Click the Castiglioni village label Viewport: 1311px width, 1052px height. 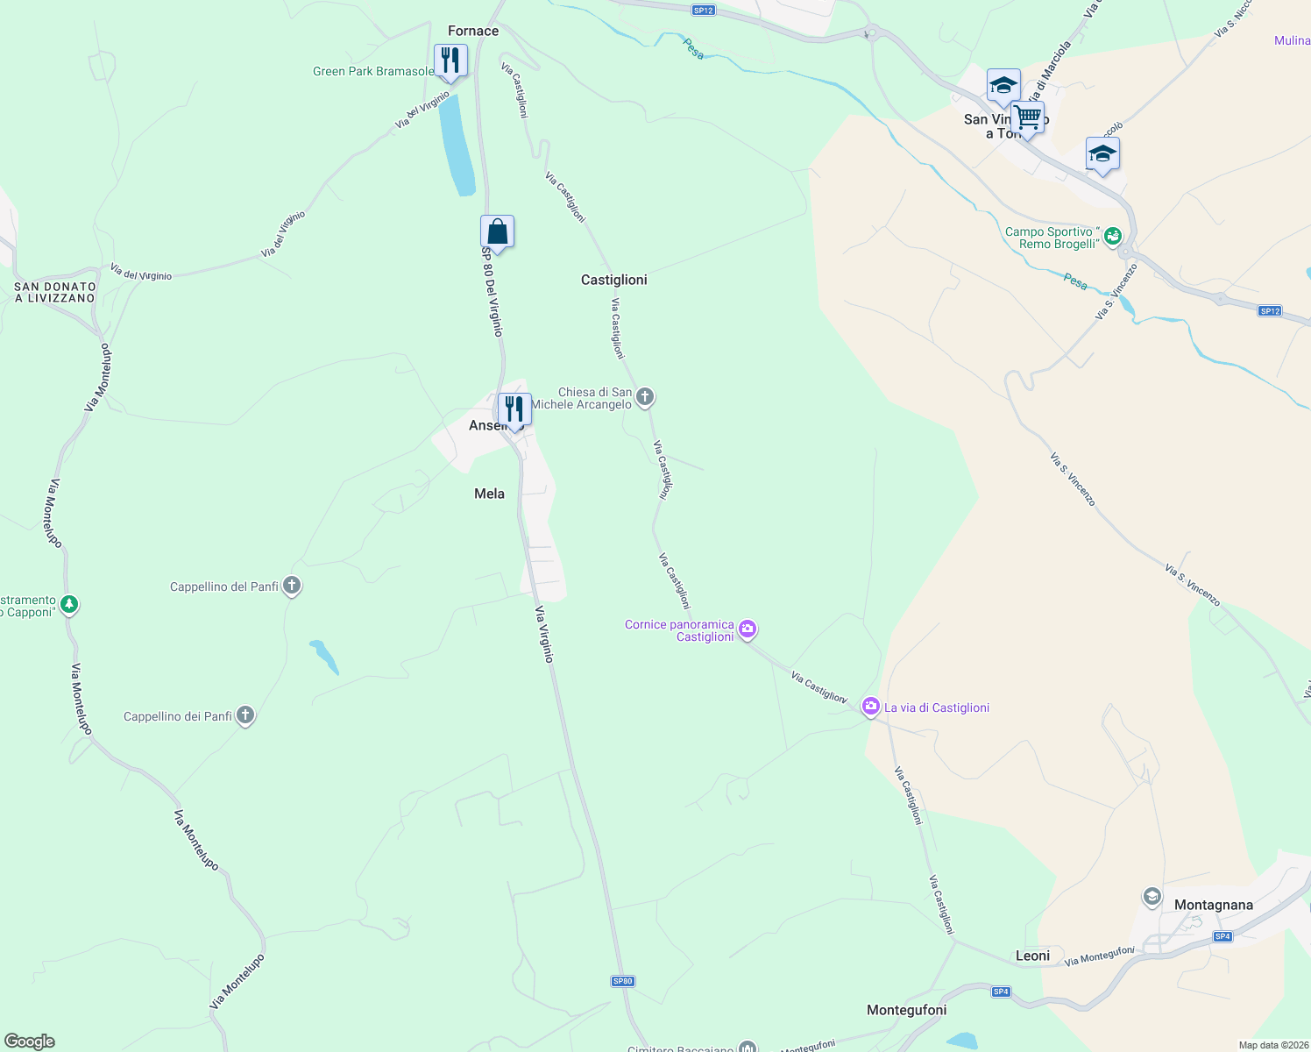point(613,280)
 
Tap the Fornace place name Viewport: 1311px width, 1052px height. point(473,32)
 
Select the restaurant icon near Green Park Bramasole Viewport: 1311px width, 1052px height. point(450,60)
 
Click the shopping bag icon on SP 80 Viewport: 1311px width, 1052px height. point(497,232)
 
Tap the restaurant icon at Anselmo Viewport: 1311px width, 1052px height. point(514,409)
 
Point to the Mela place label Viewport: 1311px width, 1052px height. point(489,494)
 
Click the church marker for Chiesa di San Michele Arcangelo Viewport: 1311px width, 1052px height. point(645,397)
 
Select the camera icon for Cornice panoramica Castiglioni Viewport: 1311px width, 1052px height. point(748,629)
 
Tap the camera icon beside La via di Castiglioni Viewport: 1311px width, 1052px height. point(870,707)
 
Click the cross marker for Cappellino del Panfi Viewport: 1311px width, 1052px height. point(292,586)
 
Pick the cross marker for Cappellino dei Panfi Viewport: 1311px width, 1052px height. point(245,715)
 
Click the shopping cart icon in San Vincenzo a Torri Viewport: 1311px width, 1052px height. point(1027,117)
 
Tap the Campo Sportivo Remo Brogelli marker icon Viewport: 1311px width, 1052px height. point(1112,236)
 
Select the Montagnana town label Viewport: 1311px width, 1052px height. point(1213,905)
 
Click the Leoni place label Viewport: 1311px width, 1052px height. point(1032,956)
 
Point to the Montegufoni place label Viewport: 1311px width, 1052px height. point(906,1010)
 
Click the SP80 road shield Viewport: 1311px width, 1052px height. point(622,981)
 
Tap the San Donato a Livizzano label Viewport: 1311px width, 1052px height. point(54,292)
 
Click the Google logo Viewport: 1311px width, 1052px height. point(30,1041)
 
